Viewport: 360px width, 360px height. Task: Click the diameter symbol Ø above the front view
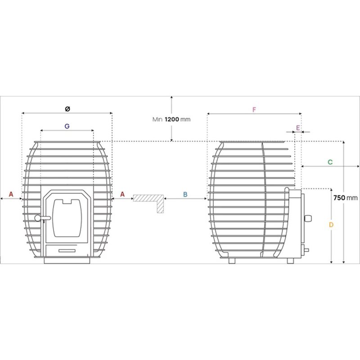(x=67, y=109)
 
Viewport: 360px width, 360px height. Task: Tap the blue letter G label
(x=67, y=126)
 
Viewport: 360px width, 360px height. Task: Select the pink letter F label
(x=254, y=110)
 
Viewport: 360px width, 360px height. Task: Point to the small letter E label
(x=298, y=128)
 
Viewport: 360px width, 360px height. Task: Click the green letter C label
(x=330, y=162)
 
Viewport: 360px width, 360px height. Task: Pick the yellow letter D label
(x=331, y=225)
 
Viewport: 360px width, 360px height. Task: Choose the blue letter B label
(x=185, y=194)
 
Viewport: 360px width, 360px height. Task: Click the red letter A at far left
(x=11, y=194)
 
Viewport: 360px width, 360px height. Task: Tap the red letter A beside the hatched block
(x=122, y=194)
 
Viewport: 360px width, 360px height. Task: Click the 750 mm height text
(x=346, y=198)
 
